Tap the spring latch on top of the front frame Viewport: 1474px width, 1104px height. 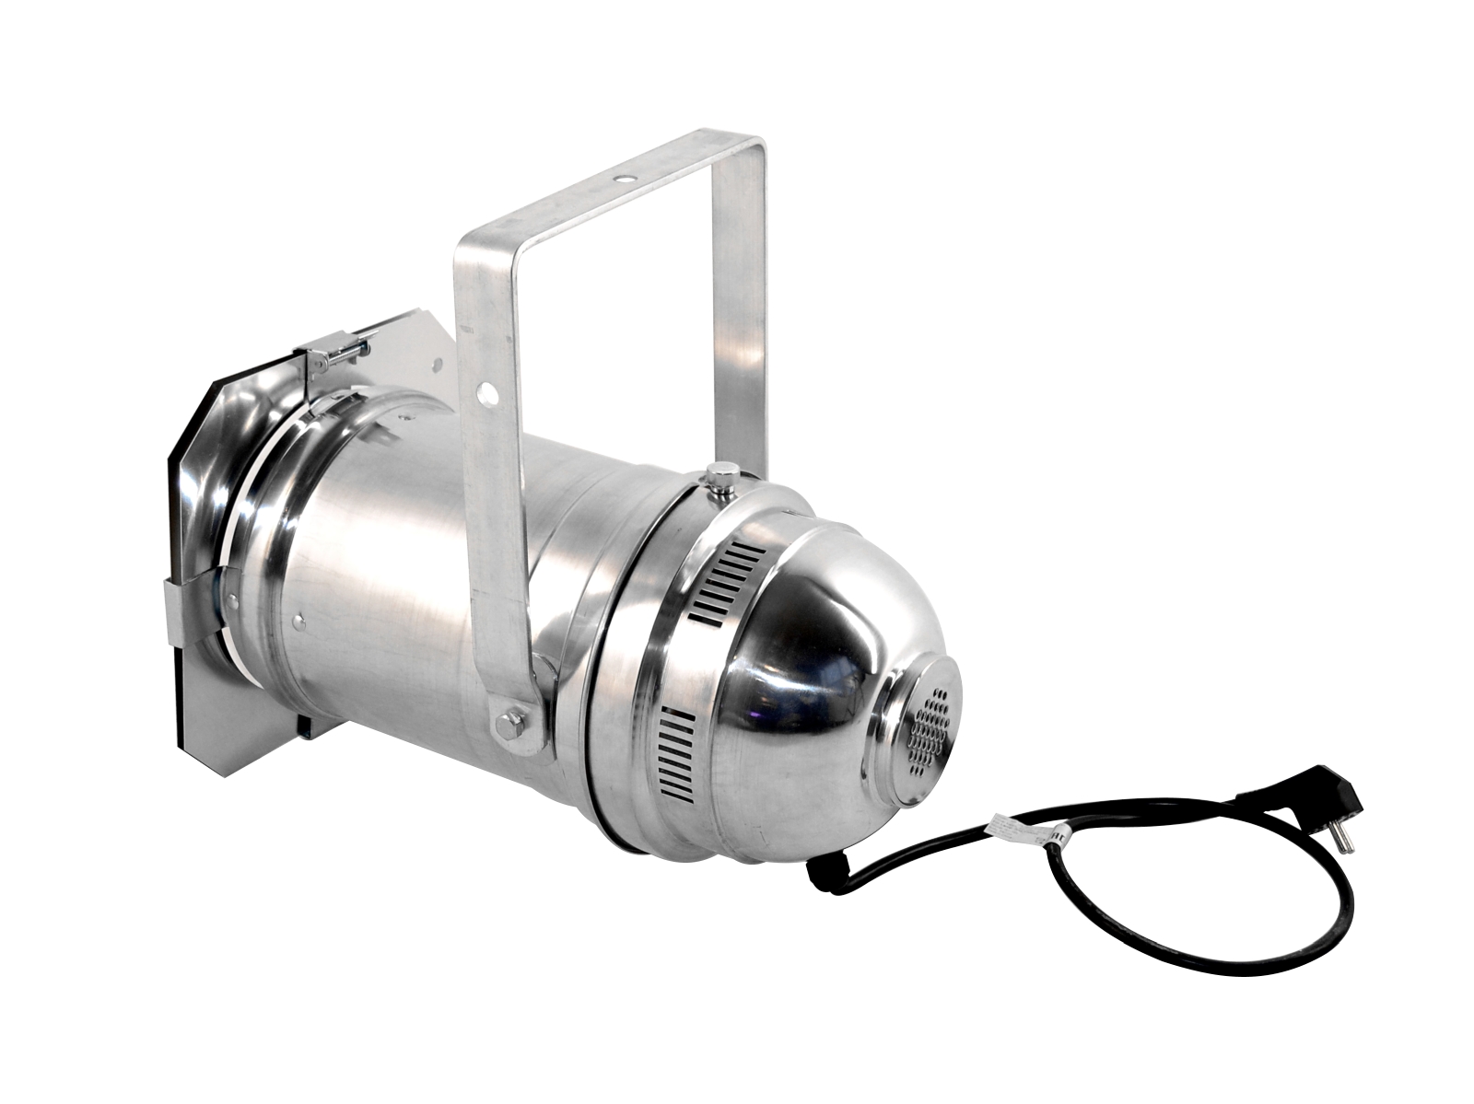point(336,354)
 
